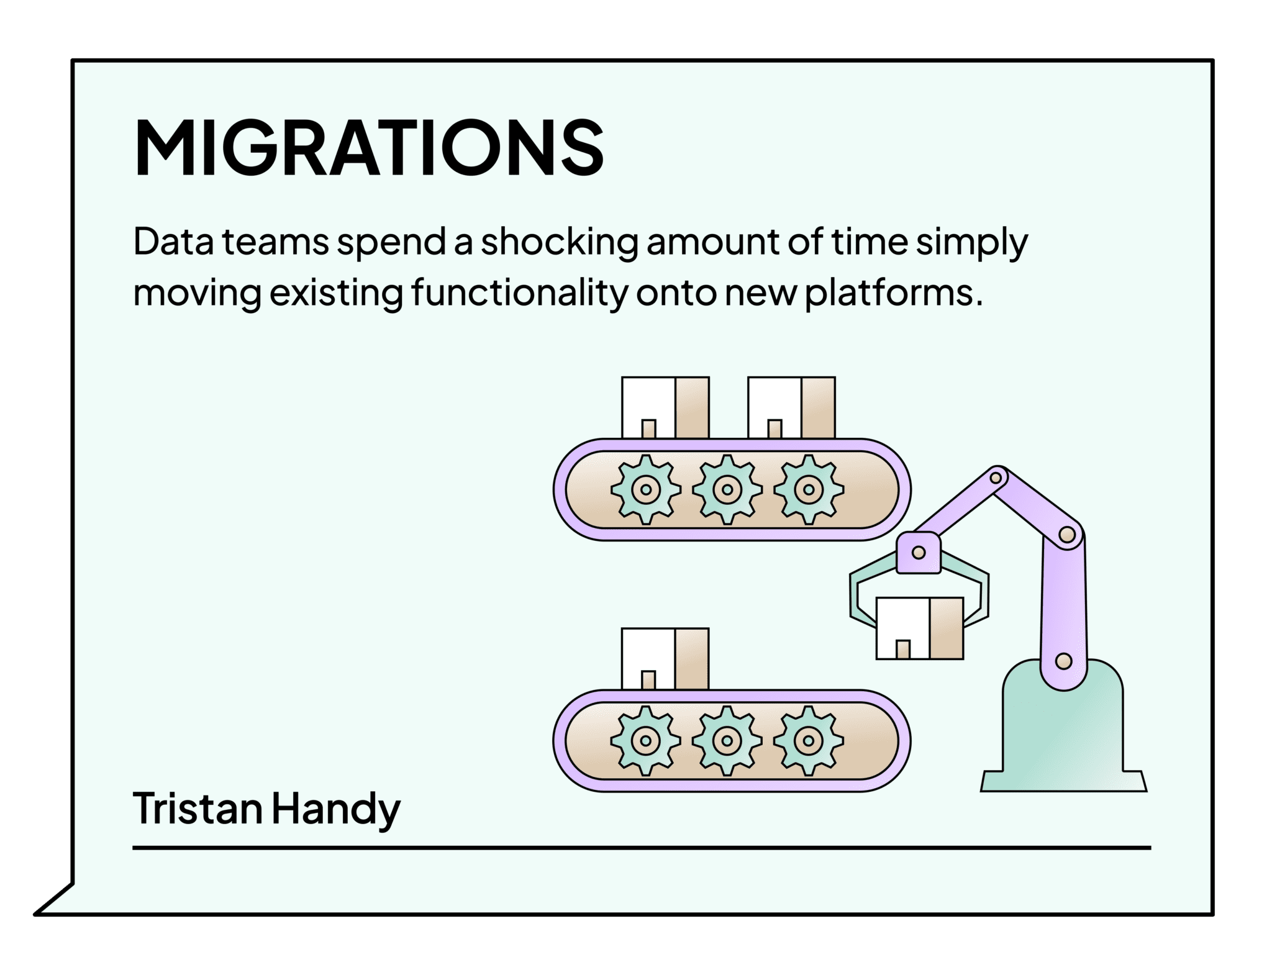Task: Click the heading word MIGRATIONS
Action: coord(368,148)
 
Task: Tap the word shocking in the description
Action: coord(559,242)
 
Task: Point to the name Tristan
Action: coord(196,809)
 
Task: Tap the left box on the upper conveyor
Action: coord(665,407)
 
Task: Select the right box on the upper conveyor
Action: coord(791,407)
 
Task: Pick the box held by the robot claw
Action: coord(919,628)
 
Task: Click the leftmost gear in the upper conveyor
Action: coord(646,489)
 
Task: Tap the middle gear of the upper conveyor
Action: coord(727,489)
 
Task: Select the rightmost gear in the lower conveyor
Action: coord(808,740)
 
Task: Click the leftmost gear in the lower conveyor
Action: coord(646,740)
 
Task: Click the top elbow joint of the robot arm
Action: coord(996,478)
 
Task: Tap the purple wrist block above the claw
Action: coord(919,552)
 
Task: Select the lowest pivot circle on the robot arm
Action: coord(1063,661)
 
